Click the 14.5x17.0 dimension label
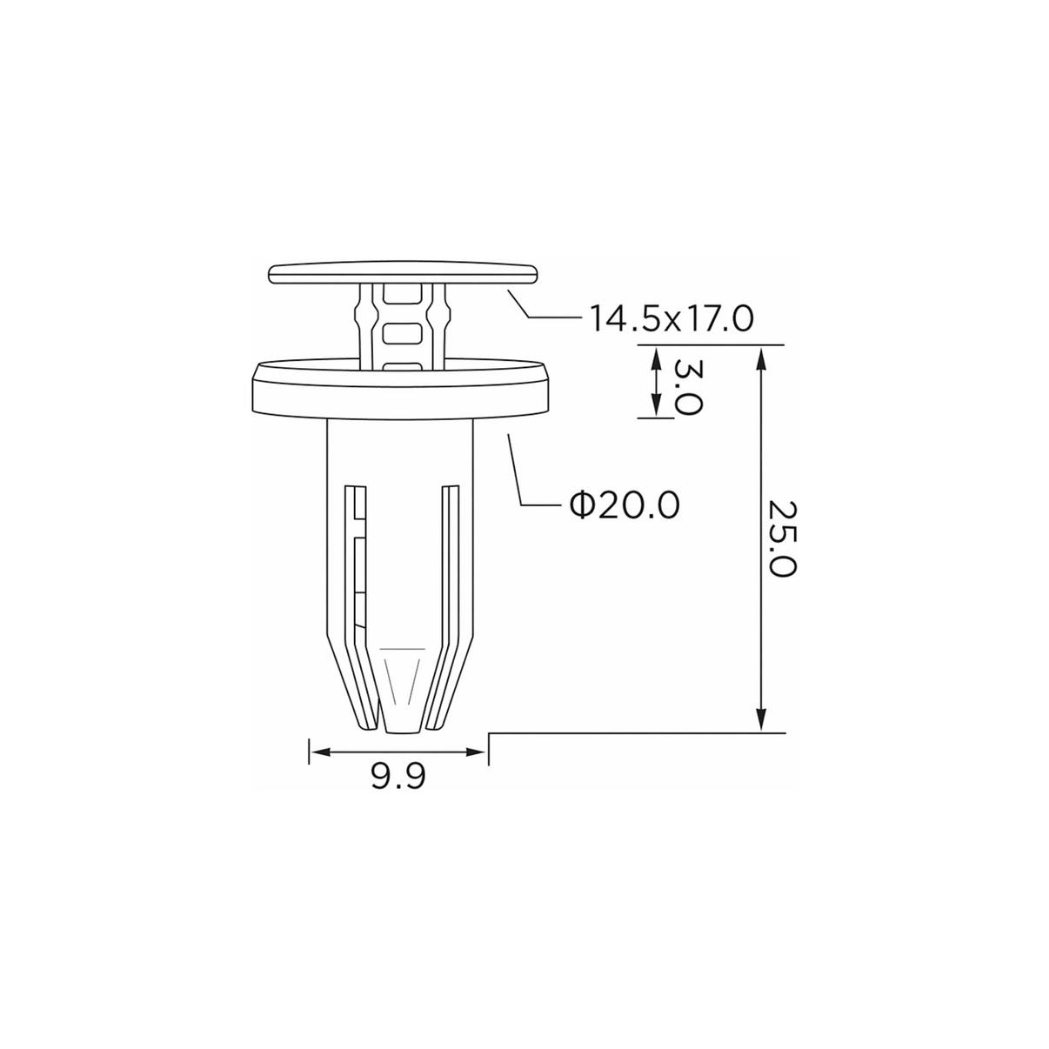click(x=671, y=319)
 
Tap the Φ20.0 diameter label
click(x=625, y=505)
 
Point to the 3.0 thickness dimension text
click(x=688, y=387)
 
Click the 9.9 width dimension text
click(x=398, y=776)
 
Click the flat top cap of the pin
click(x=403, y=274)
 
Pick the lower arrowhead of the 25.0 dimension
click(x=762, y=718)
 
